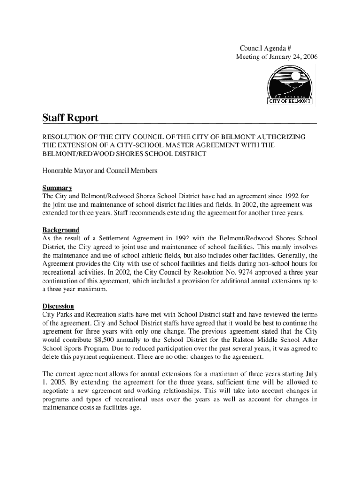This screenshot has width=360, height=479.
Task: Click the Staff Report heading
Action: coord(70,118)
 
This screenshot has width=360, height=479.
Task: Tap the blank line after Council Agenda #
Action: coord(306,48)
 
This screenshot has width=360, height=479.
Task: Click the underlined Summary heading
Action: coord(57,188)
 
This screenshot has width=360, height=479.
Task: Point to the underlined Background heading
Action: coord(61,230)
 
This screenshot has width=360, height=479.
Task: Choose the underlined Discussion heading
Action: coord(58,306)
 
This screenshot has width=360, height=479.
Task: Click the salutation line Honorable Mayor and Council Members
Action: coord(101,171)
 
